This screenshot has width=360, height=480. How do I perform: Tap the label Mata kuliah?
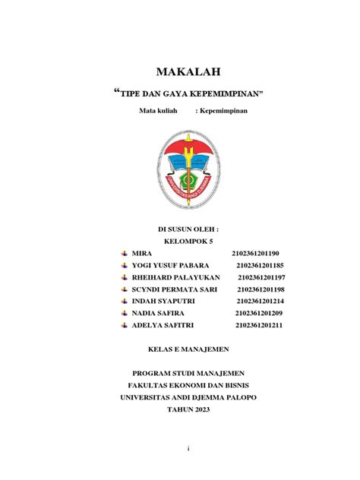click(157, 112)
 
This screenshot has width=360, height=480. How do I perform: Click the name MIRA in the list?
click(142, 253)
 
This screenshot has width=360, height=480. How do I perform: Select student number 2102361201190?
click(256, 253)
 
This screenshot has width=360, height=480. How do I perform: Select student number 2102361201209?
click(258, 314)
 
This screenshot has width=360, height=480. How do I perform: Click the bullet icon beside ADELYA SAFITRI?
click(124, 326)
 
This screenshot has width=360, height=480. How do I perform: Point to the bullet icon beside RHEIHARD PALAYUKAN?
click(124, 277)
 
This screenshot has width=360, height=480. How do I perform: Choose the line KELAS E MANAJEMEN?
click(187, 349)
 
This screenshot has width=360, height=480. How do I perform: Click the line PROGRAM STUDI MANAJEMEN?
click(188, 373)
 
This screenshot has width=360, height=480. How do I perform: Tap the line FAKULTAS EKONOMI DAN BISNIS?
click(188, 385)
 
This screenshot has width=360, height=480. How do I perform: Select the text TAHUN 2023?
click(188, 409)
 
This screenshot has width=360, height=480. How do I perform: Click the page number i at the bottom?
click(188, 448)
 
